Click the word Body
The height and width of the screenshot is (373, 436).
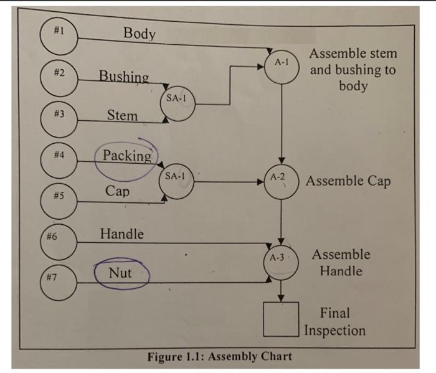[139, 34]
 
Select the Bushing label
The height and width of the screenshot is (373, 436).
[124, 77]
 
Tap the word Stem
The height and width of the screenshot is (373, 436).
[122, 115]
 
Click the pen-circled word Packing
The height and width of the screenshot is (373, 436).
[127, 156]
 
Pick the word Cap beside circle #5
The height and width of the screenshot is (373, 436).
[118, 191]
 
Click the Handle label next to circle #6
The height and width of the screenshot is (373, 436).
[122, 234]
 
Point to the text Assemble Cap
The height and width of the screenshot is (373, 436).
[348, 181]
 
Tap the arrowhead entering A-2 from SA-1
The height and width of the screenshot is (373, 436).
[263, 182]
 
